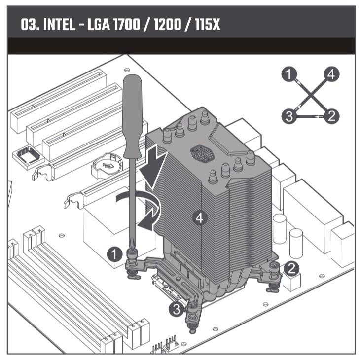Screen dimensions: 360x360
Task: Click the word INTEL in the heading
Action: (59, 24)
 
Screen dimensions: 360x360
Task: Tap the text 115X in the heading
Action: (208, 24)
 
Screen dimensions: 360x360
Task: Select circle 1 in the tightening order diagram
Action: (289, 74)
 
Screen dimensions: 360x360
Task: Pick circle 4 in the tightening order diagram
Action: (331, 74)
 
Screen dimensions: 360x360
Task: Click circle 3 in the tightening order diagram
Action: (289, 116)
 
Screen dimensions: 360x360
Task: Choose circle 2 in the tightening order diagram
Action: (331, 116)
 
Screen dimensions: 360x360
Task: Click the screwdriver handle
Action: (133, 116)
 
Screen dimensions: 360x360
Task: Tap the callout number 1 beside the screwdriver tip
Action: (114, 254)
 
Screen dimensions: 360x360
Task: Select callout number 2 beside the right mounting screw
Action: (291, 268)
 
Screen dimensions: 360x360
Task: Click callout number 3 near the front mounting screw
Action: (176, 309)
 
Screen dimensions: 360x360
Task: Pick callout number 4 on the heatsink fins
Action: (200, 218)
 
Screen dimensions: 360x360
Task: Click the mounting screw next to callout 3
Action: (192, 318)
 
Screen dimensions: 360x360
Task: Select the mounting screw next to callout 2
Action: (273, 277)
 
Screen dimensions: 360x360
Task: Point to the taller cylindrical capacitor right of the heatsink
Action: (280, 228)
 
